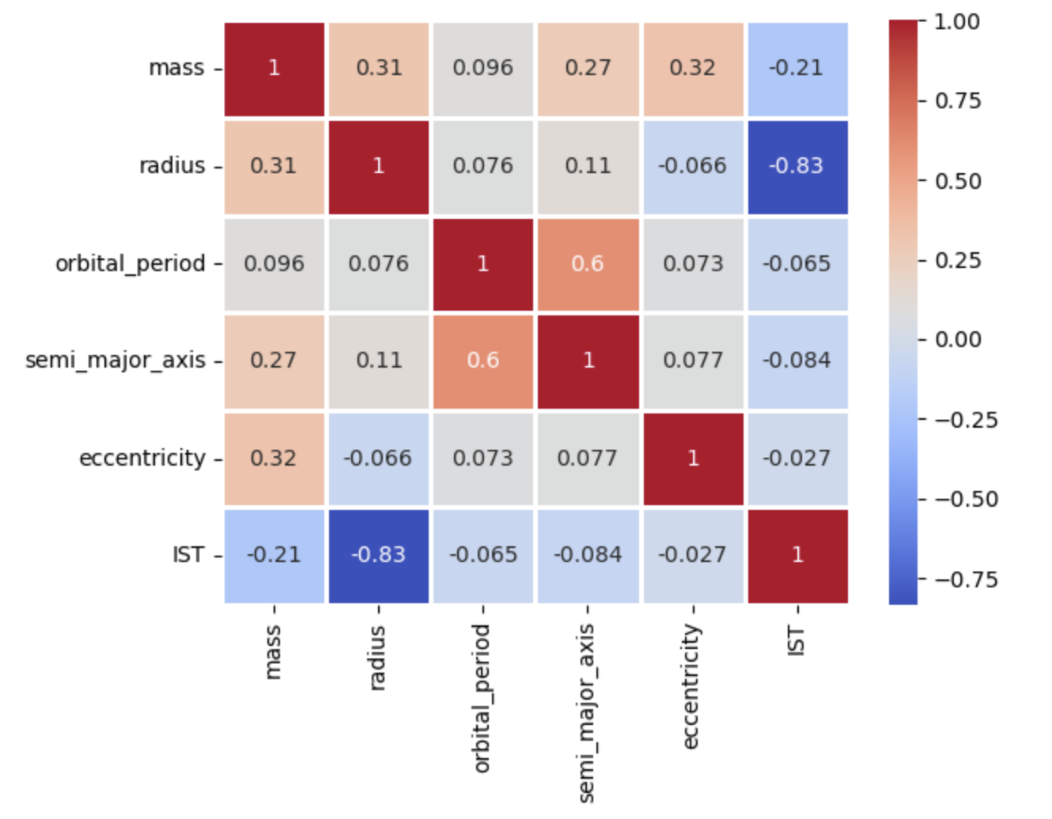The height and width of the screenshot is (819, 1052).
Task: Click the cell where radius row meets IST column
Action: pyautogui.click(x=797, y=166)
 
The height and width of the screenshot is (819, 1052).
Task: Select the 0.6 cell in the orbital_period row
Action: pyautogui.click(x=588, y=263)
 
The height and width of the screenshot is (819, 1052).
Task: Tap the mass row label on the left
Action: pyautogui.click(x=176, y=68)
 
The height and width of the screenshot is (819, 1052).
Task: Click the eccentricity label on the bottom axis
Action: pyautogui.click(x=691, y=685)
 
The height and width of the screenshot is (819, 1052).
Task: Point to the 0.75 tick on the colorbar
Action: pyautogui.click(x=958, y=101)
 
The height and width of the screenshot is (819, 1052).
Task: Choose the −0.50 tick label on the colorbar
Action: pyautogui.click(x=966, y=500)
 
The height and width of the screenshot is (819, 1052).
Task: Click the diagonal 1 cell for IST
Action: pyautogui.click(x=797, y=555)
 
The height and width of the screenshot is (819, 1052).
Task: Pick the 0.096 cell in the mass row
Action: pyautogui.click(x=482, y=68)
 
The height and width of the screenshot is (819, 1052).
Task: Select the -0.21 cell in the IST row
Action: pyautogui.click(x=274, y=555)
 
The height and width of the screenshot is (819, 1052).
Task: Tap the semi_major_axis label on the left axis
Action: pyautogui.click(x=115, y=360)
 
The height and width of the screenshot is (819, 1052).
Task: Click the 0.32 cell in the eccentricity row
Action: pyautogui.click(x=274, y=458)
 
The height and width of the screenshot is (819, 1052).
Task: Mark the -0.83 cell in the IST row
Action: pyautogui.click(x=378, y=555)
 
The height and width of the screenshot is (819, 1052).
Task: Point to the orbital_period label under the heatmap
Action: pyautogui.click(x=482, y=697)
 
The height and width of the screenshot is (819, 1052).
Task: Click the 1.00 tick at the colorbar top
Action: pyautogui.click(x=958, y=21)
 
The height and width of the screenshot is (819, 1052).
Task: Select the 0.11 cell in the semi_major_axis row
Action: pyautogui.click(x=378, y=360)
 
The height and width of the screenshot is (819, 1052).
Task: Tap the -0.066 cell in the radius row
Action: pyautogui.click(x=692, y=166)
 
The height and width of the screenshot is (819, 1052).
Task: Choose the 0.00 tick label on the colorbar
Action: pyautogui.click(x=958, y=340)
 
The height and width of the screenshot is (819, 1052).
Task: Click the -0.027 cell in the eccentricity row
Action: pyautogui.click(x=797, y=458)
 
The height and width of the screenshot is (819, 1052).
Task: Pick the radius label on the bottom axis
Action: pyautogui.click(x=377, y=658)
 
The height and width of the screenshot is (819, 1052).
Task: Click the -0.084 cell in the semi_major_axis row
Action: pyautogui.click(x=797, y=360)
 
